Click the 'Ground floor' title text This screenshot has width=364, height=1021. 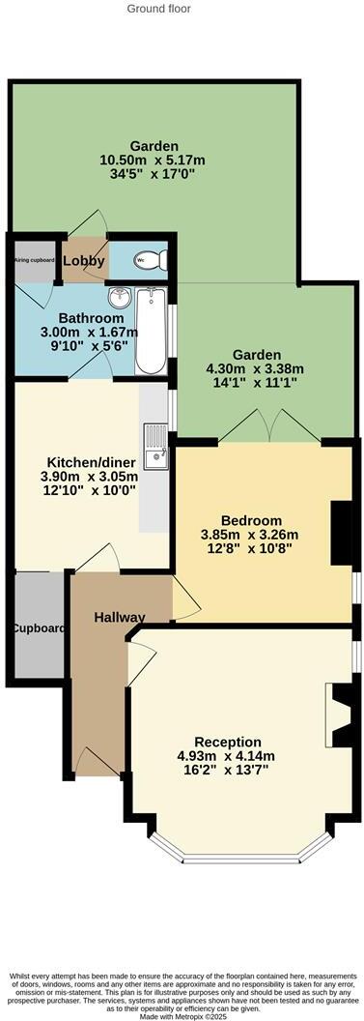point(159,9)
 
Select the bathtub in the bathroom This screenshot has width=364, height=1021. point(150,330)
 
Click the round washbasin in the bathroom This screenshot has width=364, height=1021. point(118,296)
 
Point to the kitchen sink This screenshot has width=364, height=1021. point(154,452)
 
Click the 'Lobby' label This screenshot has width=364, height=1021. point(84,261)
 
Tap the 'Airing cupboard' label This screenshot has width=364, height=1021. point(34,260)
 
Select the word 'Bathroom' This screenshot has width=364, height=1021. point(91,318)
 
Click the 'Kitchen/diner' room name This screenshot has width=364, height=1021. point(90,461)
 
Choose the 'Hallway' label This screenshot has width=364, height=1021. point(120,617)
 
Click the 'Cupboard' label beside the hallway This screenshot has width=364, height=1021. point(39,628)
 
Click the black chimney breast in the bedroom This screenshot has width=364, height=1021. point(341,533)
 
